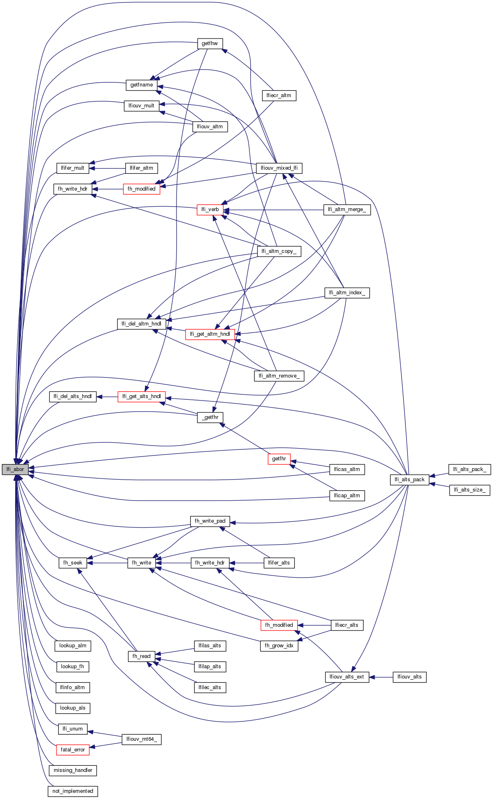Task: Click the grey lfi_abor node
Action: tap(15, 469)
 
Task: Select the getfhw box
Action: tap(210, 43)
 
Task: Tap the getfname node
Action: tap(142, 85)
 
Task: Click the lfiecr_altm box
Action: tap(279, 96)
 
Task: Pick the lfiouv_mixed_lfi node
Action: tap(279, 168)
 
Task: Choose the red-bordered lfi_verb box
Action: tap(210, 209)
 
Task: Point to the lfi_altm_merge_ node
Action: tap(347, 209)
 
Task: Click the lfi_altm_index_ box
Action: tap(347, 293)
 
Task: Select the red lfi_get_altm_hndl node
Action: tap(210, 334)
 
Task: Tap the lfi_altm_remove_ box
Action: tap(279, 376)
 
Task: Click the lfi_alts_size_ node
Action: tap(470, 490)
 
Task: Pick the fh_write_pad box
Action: tap(210, 521)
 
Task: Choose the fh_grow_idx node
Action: tap(279, 646)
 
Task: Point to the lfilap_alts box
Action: tap(210, 667)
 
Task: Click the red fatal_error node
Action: tap(73, 750)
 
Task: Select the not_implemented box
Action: tap(73, 791)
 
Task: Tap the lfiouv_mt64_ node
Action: tap(142, 739)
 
